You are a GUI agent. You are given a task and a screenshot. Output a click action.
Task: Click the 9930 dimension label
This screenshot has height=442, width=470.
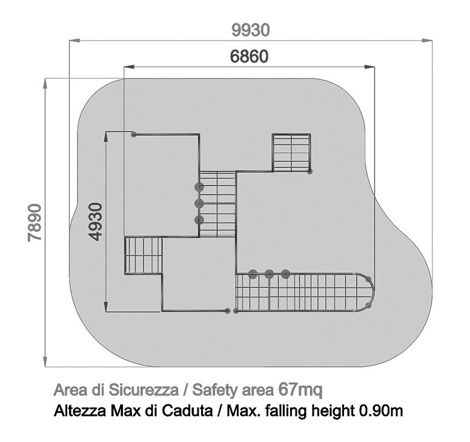tap(251, 30)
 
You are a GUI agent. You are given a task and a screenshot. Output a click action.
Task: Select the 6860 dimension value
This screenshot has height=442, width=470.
tap(249, 56)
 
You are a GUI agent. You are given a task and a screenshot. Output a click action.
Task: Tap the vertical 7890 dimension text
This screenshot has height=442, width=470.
tap(35, 223)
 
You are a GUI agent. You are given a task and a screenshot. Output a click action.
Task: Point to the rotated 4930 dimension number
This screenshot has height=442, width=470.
tap(96, 222)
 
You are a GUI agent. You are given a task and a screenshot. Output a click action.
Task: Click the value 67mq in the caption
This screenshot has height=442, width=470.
tap(300, 389)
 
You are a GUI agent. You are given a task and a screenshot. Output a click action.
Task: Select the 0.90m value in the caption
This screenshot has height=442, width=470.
tap(381, 410)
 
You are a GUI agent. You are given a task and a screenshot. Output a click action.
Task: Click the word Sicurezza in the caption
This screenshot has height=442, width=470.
tap(144, 390)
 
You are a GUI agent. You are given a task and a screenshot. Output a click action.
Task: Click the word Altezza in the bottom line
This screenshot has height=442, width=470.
tap(80, 410)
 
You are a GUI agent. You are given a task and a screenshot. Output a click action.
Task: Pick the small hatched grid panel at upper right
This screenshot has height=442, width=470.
tap(291, 153)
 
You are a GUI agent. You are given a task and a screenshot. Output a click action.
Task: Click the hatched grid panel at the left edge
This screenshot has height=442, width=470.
tap(144, 256)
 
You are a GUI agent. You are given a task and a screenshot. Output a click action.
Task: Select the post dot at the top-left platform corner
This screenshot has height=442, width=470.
tap(134, 135)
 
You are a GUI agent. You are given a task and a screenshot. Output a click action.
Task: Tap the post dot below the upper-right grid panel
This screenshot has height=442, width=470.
tap(310, 172)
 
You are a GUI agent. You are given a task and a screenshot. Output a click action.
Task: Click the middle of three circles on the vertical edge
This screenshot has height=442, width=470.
tap(199, 204)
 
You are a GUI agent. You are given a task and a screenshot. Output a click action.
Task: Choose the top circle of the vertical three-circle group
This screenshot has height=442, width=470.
tap(199, 187)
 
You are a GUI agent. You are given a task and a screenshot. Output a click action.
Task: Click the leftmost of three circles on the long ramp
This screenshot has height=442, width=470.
tap(253, 274)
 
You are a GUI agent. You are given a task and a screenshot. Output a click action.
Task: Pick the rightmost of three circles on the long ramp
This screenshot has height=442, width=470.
tap(286, 274)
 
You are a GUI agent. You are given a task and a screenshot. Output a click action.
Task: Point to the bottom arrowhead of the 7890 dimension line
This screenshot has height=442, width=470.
tap(45, 361)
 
